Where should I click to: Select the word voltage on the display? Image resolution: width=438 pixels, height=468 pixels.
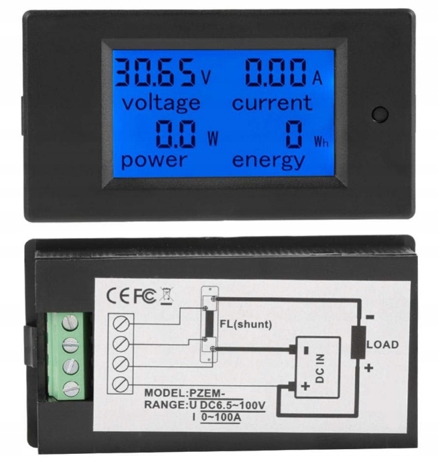coord(161,103)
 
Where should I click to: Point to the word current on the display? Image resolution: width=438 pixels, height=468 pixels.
coord(272,103)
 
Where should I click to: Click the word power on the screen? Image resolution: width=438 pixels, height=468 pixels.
coord(153,160)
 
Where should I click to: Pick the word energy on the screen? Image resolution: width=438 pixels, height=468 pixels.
coord(269,160)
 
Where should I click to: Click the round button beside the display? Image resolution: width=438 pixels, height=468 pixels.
coord(379,113)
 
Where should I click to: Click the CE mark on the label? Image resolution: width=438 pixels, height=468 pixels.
coord(118,294)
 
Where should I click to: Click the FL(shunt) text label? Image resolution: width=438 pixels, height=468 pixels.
coord(245,325)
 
